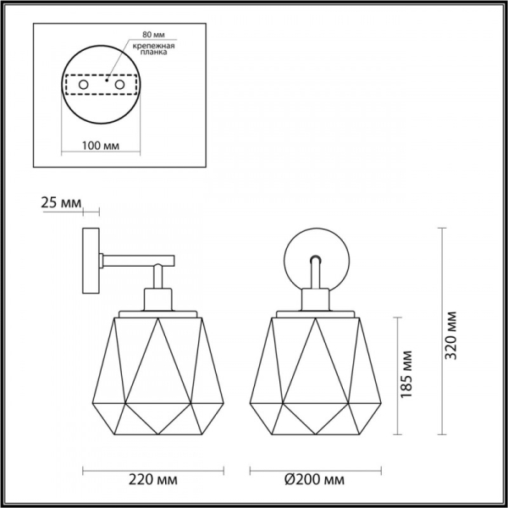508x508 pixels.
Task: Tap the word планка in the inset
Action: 149,52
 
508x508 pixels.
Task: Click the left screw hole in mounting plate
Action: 84,86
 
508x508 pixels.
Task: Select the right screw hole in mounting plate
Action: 119,86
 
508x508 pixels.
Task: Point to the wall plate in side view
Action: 90,262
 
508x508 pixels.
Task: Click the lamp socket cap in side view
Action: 157,298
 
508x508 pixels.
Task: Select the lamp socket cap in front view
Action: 315,298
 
